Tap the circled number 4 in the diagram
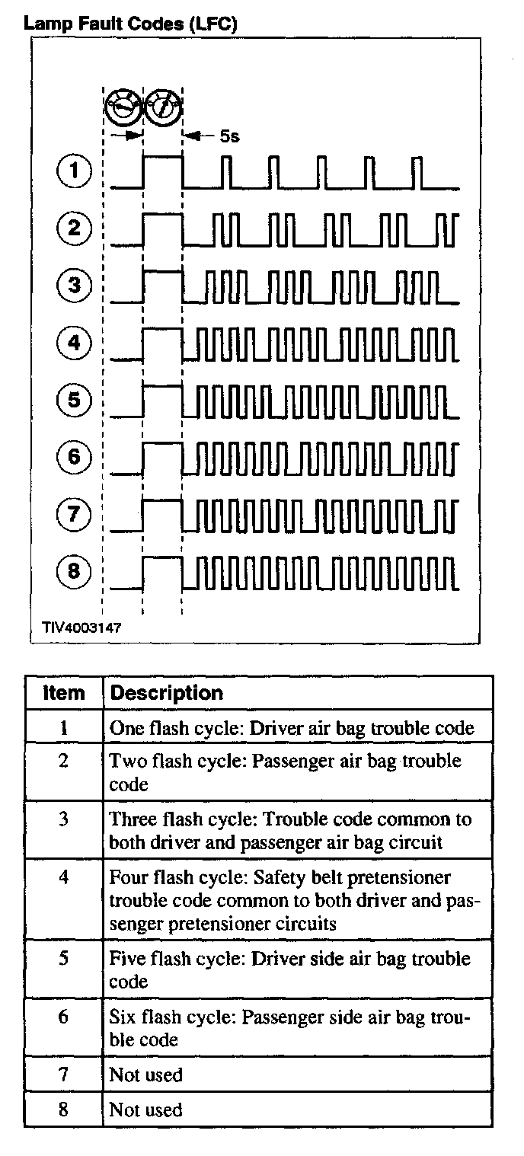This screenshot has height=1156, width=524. pyautogui.click(x=74, y=343)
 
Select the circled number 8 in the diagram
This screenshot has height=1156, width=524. pyautogui.click(x=74, y=571)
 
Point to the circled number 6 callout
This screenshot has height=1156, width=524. pyautogui.click(x=74, y=457)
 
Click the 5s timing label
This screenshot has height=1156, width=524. pyautogui.click(x=229, y=136)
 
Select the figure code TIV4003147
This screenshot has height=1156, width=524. pyautogui.click(x=81, y=628)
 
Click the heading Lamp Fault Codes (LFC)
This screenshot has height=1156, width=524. pyautogui.click(x=131, y=24)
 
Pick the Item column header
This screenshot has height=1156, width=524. pyautogui.click(x=64, y=692)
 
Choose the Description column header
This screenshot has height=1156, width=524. pyautogui.click(x=167, y=692)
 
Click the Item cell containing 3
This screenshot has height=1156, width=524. pyautogui.click(x=64, y=819)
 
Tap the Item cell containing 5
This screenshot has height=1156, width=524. pyautogui.click(x=64, y=959)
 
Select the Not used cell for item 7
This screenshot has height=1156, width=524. pyautogui.click(x=146, y=1075)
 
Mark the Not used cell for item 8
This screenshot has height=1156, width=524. pyautogui.click(x=146, y=1110)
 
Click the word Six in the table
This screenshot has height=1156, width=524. pyautogui.click(x=124, y=1017)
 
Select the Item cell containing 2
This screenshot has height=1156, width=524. pyautogui.click(x=64, y=761)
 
